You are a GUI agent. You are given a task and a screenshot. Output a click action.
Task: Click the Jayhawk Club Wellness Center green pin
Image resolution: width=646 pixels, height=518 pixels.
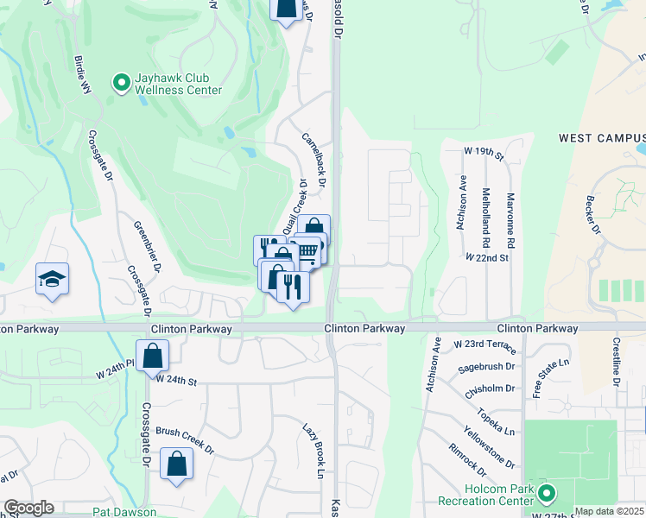pos(122,83)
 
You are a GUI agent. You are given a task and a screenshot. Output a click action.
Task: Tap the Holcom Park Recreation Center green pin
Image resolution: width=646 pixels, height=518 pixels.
pos(546,494)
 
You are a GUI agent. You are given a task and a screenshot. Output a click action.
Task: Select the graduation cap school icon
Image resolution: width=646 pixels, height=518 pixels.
pos(52,280)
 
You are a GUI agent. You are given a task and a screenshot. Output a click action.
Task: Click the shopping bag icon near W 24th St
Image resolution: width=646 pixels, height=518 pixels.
pos(152,356)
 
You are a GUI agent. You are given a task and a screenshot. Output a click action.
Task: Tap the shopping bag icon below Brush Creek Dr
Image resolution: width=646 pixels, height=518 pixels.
pos(176,464)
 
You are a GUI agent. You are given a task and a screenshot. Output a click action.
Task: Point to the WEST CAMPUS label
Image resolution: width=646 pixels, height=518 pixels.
pos(601,138)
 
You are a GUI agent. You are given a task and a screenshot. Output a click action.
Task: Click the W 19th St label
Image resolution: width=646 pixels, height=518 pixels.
pos(483,151)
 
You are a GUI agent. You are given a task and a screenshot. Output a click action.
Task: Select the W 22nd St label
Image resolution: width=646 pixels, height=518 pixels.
pos(487,257)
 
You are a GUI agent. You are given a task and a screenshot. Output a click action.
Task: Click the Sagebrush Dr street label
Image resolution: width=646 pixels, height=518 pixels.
pos(485,368)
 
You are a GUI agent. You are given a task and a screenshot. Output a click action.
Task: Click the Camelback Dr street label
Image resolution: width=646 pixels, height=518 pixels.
pos(313,160)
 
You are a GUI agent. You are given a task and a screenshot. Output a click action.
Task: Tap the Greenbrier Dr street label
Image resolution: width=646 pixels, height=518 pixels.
pos(148,246)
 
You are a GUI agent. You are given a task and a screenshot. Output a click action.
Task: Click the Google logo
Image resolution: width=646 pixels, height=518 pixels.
pos(28,508)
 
